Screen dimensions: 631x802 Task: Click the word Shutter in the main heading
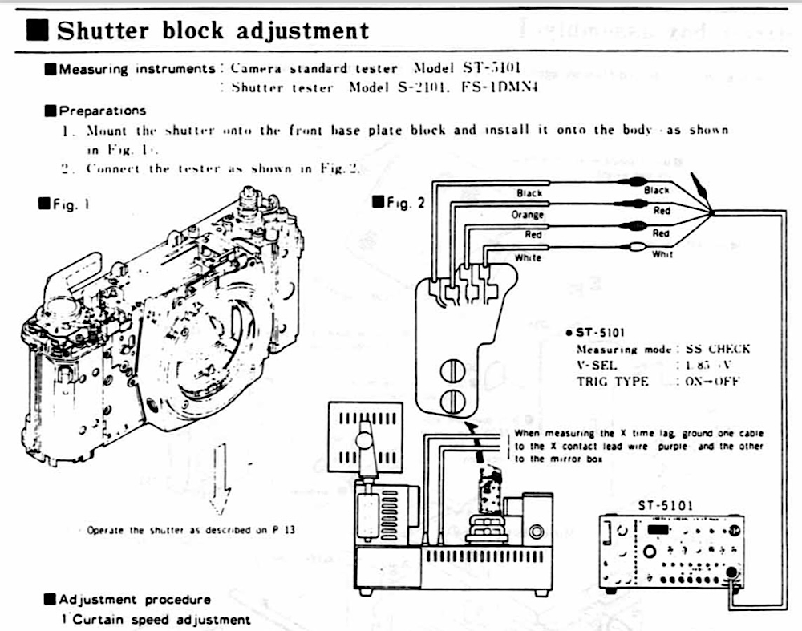pos(103,30)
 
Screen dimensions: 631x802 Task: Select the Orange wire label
pos(527,215)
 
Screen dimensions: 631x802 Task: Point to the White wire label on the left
pos(528,257)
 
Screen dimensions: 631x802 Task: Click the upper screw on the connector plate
pos(451,370)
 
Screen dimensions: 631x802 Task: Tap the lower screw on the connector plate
pos(451,400)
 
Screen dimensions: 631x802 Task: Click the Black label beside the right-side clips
pos(656,191)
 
